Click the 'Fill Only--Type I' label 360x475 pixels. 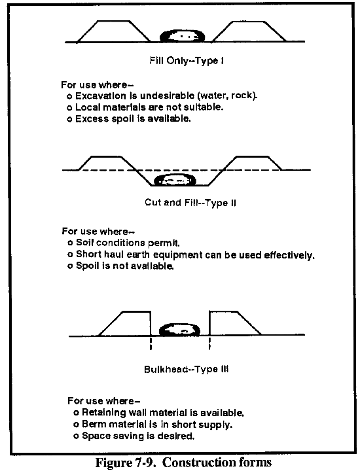click(x=187, y=61)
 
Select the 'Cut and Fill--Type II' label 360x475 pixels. click(x=190, y=202)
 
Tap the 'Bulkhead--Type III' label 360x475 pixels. click(x=186, y=369)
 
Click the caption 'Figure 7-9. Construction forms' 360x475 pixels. click(x=184, y=463)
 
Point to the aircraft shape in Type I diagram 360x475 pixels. click(x=182, y=36)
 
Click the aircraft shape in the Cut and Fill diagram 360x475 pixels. click(x=175, y=180)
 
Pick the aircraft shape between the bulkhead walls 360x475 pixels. click(x=180, y=330)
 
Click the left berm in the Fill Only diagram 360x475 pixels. click(x=114, y=31)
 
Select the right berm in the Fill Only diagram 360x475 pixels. click(x=249, y=31)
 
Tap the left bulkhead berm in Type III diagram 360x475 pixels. click(x=125, y=323)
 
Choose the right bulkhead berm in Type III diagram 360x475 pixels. click(x=235, y=323)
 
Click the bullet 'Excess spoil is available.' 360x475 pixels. click(x=129, y=119)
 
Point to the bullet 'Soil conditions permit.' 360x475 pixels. click(x=124, y=243)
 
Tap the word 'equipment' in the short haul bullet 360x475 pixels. click(x=177, y=255)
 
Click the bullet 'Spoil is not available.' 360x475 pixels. click(x=120, y=266)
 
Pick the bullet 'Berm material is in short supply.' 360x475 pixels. click(x=153, y=425)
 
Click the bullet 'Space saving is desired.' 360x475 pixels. click(x=134, y=436)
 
